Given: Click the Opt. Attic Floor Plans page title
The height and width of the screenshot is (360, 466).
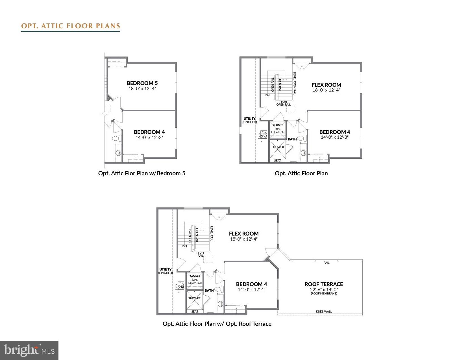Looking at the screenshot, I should pyautogui.click(x=71, y=26).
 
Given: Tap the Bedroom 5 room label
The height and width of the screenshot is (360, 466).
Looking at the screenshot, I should pyautogui.click(x=142, y=83).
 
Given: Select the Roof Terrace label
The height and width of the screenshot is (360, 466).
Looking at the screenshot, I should pyautogui.click(x=324, y=284).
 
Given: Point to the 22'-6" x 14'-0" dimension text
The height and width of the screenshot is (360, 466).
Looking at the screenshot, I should pyautogui.click(x=324, y=289).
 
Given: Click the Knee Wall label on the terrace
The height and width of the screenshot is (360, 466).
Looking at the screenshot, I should pyautogui.click(x=324, y=311).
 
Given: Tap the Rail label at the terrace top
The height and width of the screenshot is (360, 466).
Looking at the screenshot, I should pyautogui.click(x=326, y=263).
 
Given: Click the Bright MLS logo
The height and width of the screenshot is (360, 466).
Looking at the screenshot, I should pyautogui.click(x=29, y=350).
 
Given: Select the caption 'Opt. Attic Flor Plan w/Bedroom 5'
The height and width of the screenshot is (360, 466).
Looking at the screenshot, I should pyautogui.click(x=142, y=173).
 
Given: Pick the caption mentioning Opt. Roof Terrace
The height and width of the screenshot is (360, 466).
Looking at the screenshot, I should pyautogui.click(x=217, y=324).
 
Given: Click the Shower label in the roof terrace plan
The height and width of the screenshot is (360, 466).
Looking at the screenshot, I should pyautogui.click(x=194, y=298).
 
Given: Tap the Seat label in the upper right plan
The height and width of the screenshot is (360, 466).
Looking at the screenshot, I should pyautogui.click(x=278, y=160).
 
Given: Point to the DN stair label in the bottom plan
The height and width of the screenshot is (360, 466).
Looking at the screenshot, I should pyautogui.click(x=184, y=246).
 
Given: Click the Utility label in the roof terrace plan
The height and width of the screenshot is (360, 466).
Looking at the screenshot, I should pyautogui.click(x=166, y=269).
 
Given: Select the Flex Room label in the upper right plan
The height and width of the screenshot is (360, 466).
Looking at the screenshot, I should pyautogui.click(x=326, y=85).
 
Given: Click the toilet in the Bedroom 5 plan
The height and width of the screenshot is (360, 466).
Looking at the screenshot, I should pyautogui.click(x=116, y=139).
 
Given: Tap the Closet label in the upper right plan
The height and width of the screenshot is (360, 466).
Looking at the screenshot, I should pyautogui.click(x=278, y=125).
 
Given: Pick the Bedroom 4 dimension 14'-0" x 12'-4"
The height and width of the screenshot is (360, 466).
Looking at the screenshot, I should pyautogui.click(x=251, y=289).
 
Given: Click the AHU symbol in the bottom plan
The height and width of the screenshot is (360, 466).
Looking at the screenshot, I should pyautogui.click(x=180, y=287).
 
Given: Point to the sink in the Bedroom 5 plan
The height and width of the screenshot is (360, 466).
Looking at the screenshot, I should pyautogui.click(x=118, y=153).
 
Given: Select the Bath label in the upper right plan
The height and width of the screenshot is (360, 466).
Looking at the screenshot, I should pyautogui.click(x=292, y=139).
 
